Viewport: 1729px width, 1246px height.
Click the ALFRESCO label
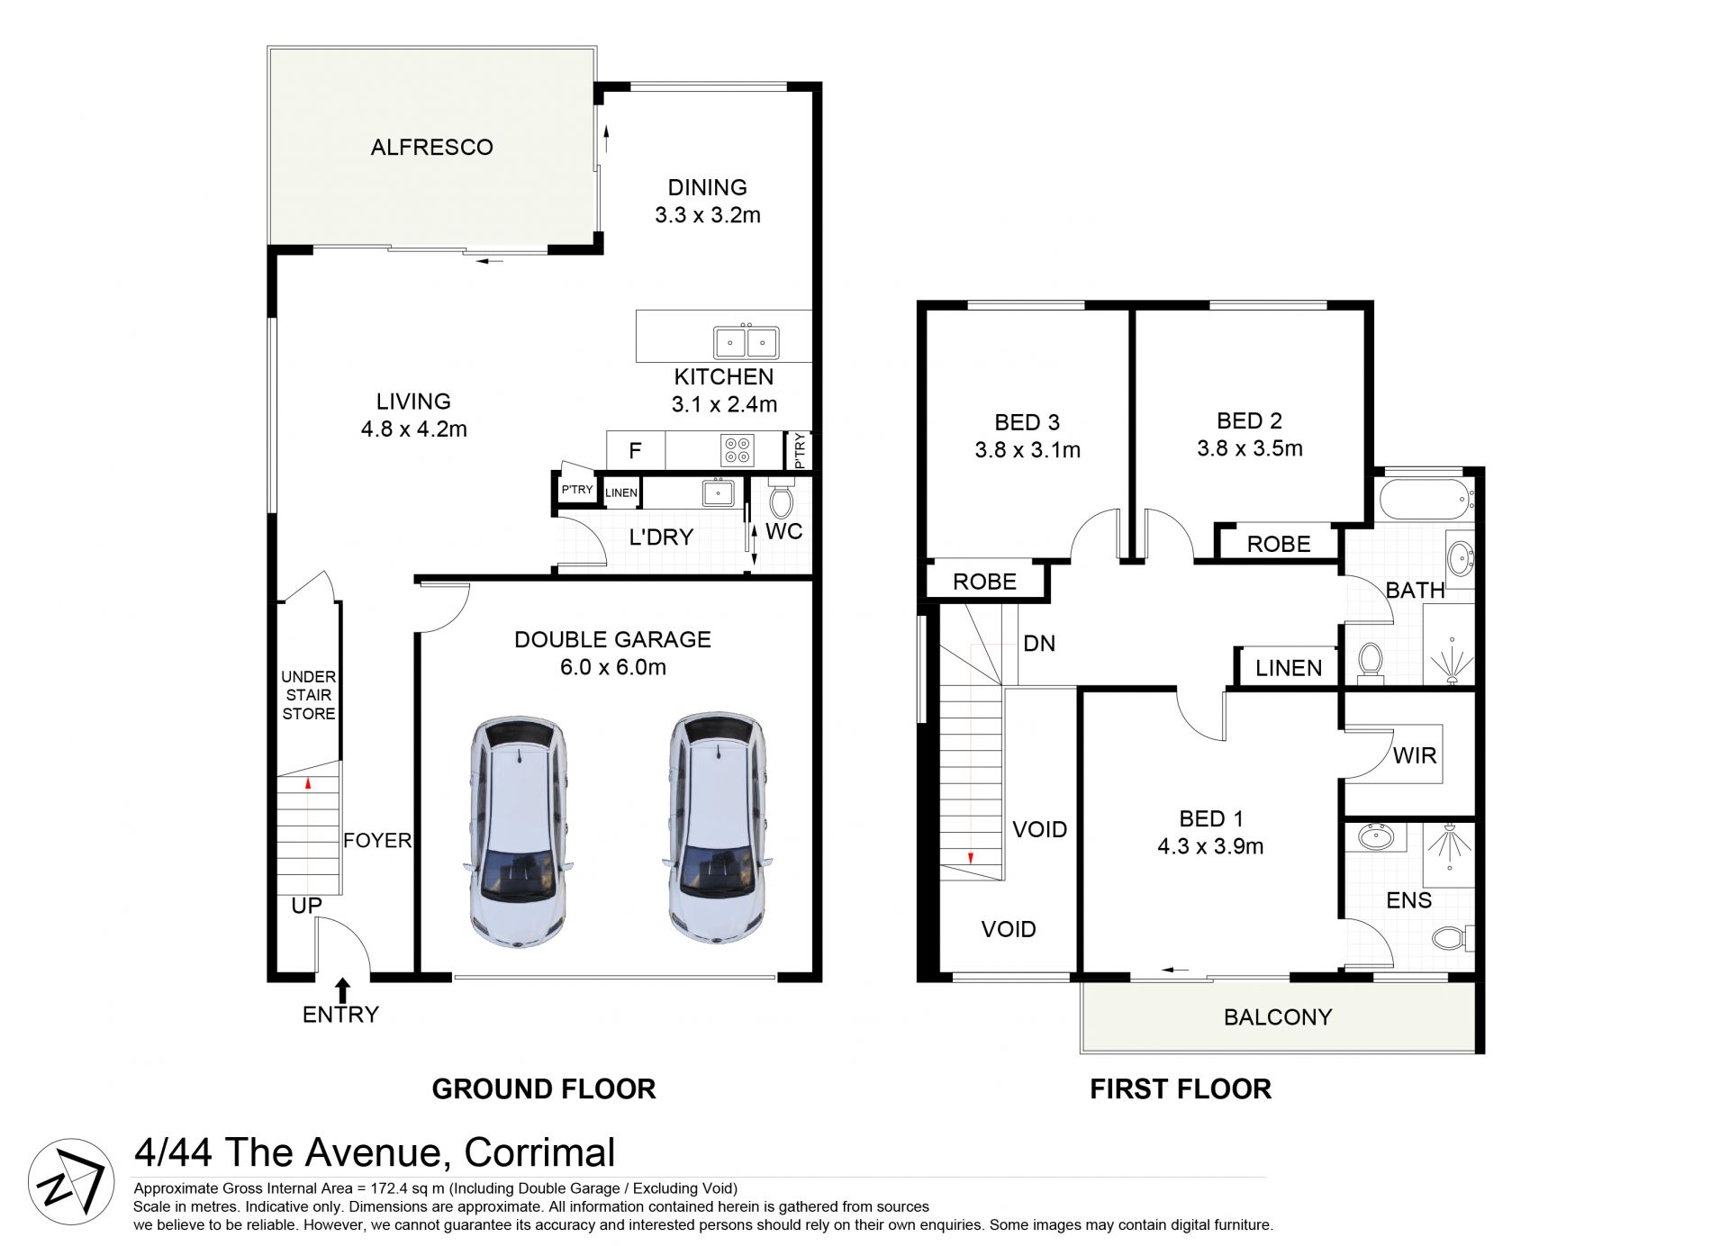(432, 147)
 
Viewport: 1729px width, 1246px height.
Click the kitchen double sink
(747, 342)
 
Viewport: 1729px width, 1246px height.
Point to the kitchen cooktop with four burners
(738, 450)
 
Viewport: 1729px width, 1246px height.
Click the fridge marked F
(635, 450)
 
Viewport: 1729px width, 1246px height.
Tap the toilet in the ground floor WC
(781, 499)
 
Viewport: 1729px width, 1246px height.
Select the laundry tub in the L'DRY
(718, 492)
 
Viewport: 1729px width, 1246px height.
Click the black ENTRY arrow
(342, 990)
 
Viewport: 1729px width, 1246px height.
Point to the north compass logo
(71, 1181)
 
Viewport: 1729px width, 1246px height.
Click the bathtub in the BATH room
(1427, 501)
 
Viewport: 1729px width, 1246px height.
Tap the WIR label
(1415, 755)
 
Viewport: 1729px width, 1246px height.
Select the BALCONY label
(1278, 1017)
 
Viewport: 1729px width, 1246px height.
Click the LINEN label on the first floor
(1289, 668)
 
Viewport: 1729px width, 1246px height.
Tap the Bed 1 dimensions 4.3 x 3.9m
(1211, 846)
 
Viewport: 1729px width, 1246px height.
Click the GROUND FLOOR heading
(544, 1089)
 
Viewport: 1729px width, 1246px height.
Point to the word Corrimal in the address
(540, 1152)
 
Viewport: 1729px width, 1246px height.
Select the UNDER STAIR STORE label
(309, 695)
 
